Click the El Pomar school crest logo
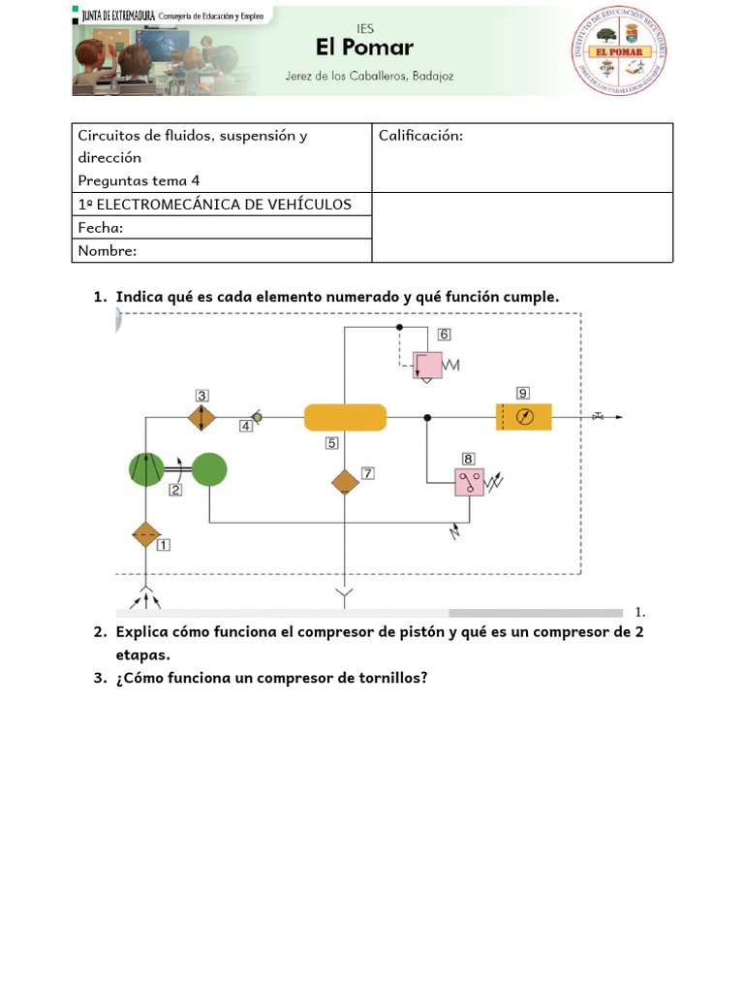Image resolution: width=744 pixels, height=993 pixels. click(622, 50)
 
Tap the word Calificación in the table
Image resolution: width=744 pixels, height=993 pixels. click(420, 136)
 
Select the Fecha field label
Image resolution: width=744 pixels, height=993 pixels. click(101, 228)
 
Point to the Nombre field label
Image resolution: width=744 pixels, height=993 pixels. click(108, 251)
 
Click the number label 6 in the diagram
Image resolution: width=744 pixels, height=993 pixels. click(444, 335)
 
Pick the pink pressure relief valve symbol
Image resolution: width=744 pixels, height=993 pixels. click(427, 365)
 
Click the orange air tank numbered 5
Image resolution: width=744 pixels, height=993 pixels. click(345, 417)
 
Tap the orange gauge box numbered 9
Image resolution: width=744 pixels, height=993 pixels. click(524, 417)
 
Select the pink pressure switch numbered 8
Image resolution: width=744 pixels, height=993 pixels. click(469, 483)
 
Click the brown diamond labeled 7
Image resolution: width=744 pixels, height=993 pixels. click(346, 482)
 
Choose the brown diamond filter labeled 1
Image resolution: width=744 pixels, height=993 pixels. click(145, 534)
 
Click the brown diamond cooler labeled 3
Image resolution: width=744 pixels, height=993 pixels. click(201, 417)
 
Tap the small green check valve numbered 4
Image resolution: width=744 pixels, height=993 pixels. click(257, 417)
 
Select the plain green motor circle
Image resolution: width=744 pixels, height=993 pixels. click(209, 470)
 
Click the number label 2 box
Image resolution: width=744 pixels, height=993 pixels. click(175, 491)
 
